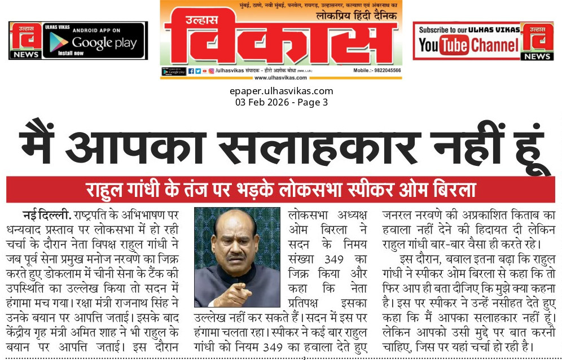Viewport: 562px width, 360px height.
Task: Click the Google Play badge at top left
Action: point(94,41)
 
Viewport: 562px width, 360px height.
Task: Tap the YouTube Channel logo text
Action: point(468,46)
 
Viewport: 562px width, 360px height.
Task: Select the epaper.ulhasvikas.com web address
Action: point(281,91)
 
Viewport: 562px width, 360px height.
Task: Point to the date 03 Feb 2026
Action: point(260,102)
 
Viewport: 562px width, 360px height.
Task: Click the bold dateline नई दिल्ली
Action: point(47,215)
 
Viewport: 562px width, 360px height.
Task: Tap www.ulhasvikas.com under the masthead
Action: point(280,78)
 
